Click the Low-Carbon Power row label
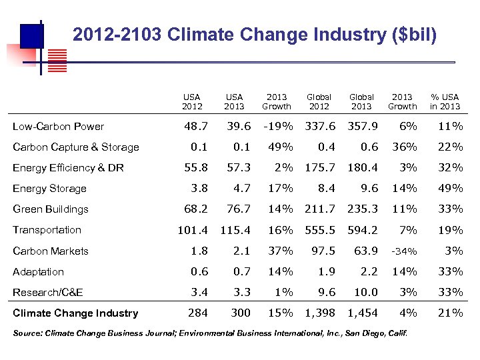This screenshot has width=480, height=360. (59, 127)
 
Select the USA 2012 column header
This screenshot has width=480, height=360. (192, 101)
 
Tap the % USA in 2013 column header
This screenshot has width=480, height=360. (445, 101)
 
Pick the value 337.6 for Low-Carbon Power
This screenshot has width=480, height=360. (320, 126)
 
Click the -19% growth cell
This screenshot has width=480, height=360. (276, 126)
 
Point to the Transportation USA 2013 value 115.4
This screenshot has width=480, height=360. (235, 230)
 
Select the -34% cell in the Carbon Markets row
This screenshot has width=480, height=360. (403, 251)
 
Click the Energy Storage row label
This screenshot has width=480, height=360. (50, 189)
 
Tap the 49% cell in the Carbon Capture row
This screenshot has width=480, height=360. (280, 147)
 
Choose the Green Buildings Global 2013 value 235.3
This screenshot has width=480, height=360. (363, 209)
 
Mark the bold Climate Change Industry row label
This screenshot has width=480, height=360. (76, 313)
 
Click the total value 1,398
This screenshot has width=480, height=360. (320, 313)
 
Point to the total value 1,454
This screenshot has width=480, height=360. (363, 313)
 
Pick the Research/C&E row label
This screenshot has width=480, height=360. (48, 293)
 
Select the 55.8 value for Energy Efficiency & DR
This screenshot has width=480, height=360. (195, 168)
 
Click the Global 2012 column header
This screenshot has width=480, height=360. (319, 101)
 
